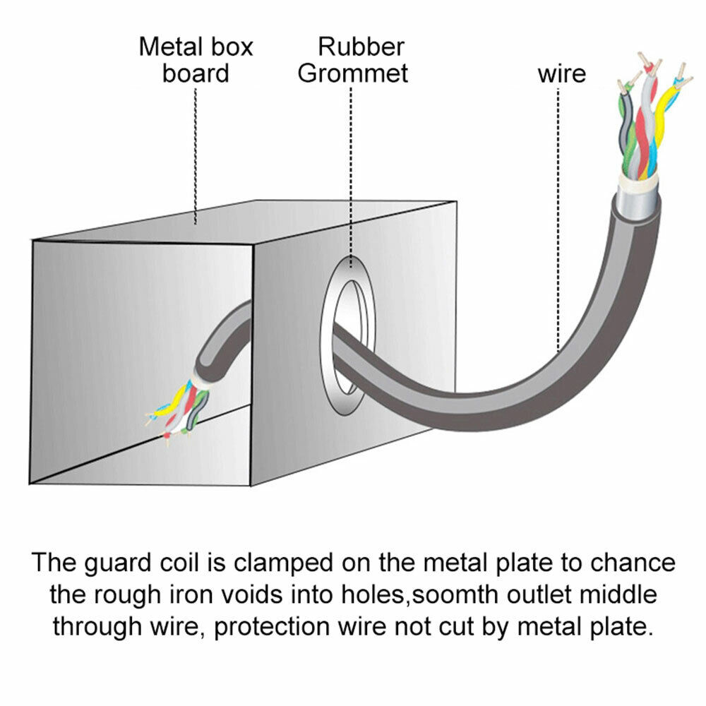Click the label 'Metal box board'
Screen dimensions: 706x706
click(196, 60)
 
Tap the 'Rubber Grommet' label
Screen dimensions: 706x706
click(353, 60)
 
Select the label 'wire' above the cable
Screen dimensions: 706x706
click(562, 73)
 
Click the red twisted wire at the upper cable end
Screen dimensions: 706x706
click(645, 131)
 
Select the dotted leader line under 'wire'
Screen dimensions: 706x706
click(558, 212)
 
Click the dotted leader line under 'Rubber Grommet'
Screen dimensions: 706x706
click(351, 176)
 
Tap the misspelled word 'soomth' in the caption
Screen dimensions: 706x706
click(459, 595)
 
